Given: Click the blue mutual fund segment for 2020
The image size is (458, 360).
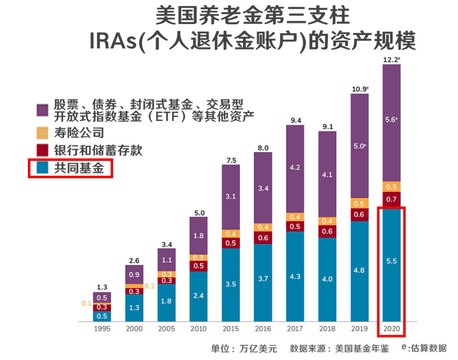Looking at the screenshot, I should pyautogui.click(x=391, y=271).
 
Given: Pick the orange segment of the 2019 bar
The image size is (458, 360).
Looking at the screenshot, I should pyautogui.click(x=359, y=203).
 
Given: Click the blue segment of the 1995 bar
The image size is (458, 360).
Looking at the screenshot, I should pyautogui.click(x=102, y=316).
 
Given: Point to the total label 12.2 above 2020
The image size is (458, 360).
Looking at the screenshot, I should pyautogui.click(x=391, y=60).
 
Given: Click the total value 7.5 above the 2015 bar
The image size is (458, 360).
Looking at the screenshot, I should pyautogui.click(x=231, y=160).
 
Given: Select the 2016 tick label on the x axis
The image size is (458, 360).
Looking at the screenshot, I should pyautogui.click(x=263, y=329).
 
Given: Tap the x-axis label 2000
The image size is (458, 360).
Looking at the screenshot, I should pyautogui.click(x=134, y=329).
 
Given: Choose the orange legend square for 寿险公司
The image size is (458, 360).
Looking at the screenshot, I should pyautogui.click(x=42, y=133).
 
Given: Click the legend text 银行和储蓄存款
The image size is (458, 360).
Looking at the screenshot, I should pyautogui.click(x=98, y=151).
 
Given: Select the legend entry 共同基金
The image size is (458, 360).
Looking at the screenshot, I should pyautogui.click(x=79, y=168).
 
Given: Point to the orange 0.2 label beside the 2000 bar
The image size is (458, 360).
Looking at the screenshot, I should pyautogui.click(x=150, y=286).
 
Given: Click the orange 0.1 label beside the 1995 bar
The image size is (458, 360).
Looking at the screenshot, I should pyautogui.click(x=85, y=303).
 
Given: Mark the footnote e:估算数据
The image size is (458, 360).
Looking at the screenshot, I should pyautogui.click(x=424, y=348).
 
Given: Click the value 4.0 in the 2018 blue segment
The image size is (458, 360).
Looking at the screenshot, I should pyautogui.click(x=327, y=280).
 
